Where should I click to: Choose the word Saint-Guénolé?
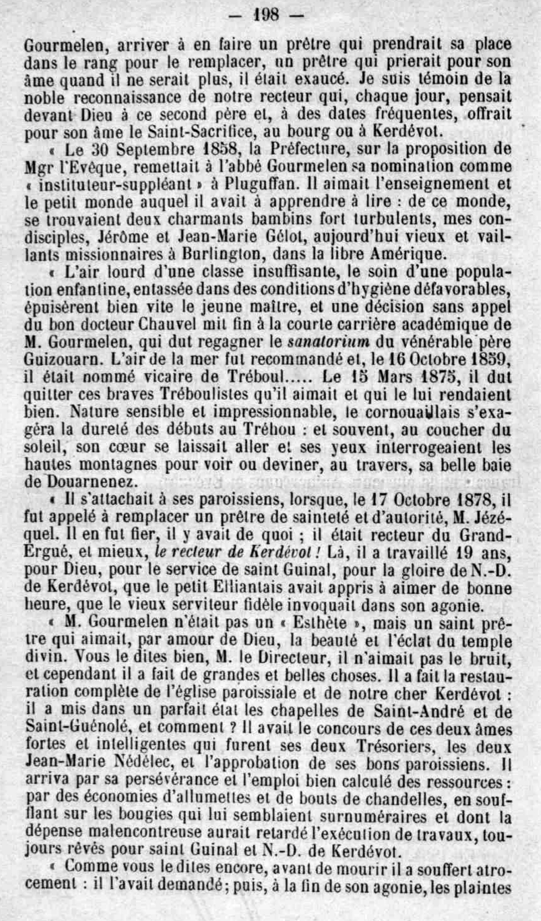coord(85,729)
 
